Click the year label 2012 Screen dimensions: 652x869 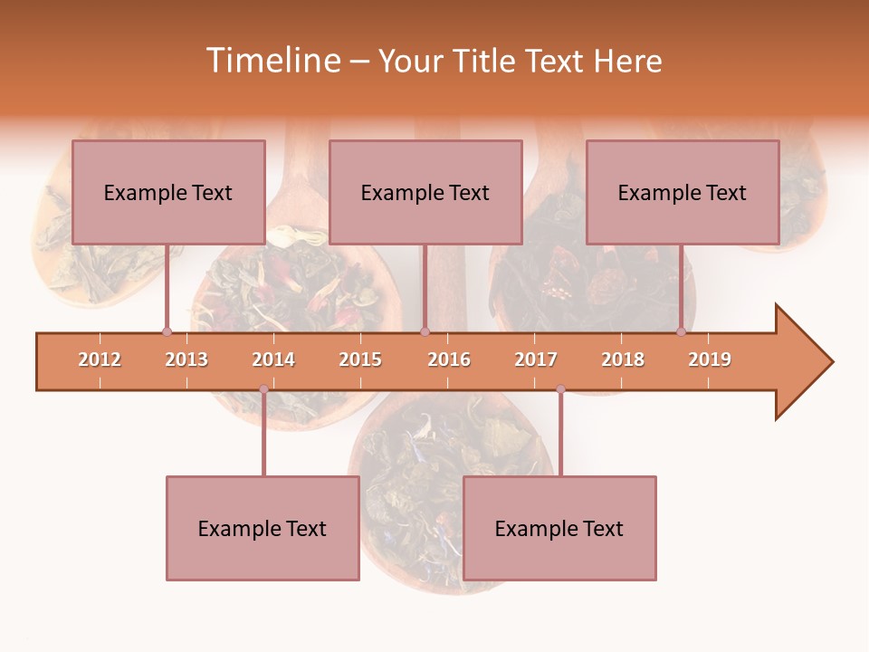click(100, 360)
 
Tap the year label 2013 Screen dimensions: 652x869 click(186, 360)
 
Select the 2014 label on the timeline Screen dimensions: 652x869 click(273, 360)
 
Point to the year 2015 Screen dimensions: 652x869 click(360, 360)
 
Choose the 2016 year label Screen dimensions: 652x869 click(449, 360)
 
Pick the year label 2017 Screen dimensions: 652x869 click(536, 360)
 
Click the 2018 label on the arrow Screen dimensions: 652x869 click(623, 360)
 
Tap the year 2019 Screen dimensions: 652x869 click(710, 360)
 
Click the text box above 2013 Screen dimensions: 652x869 click(168, 192)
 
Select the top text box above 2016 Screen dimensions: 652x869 click(425, 192)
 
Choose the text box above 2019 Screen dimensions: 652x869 click(683, 192)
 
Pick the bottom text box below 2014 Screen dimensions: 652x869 click(263, 528)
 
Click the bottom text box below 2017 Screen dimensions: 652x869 click(559, 528)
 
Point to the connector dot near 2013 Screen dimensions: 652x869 click(167, 331)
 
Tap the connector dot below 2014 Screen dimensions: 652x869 click(263, 389)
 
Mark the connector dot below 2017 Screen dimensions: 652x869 click(560, 389)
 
